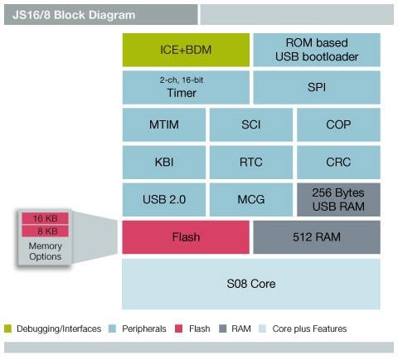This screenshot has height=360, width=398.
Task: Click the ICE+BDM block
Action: coord(186,50)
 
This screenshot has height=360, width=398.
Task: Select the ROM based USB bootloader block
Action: coord(316,50)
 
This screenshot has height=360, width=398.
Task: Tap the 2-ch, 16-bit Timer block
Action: coord(186,87)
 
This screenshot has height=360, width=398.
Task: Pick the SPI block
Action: coord(316,87)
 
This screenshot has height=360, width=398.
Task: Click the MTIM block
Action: coord(163,124)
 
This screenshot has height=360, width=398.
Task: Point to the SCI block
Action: coord(250,124)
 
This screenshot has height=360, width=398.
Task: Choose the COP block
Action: coord(337,124)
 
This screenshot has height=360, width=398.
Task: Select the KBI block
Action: coord(163,163)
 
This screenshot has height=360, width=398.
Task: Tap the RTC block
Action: coord(250,163)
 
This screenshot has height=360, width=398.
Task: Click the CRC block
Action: coord(337,163)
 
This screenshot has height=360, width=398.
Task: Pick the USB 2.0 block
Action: coord(163,200)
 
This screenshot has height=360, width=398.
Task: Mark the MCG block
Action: coord(250,200)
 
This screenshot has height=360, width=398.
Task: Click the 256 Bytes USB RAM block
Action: coord(337,200)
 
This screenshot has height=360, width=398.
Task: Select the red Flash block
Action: coord(186,237)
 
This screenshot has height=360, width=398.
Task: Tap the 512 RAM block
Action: coord(316,237)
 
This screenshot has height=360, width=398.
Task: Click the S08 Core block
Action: coord(250,284)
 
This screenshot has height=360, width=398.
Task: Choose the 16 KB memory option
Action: coord(45,218)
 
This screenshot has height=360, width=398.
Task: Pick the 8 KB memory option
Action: coord(45,231)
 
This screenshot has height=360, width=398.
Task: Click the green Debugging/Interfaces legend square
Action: coord(8,328)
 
